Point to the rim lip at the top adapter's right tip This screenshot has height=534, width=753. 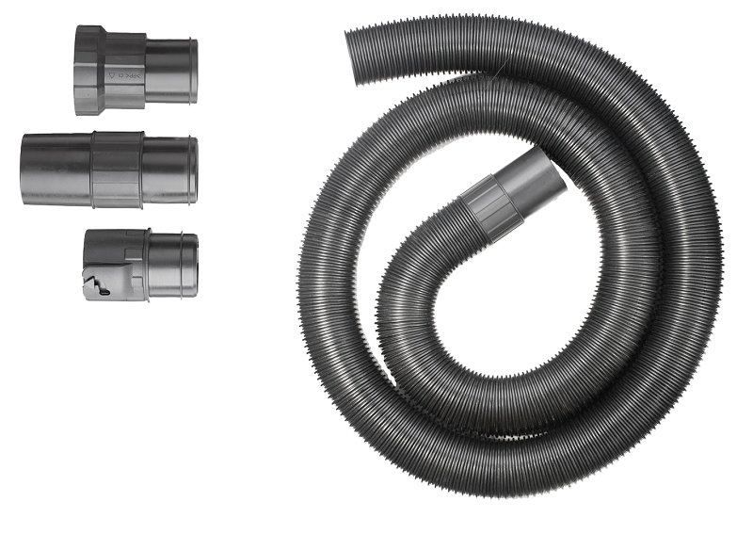(194, 71)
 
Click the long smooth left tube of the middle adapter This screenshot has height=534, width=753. (55, 170)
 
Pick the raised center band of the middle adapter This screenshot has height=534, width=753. (117, 170)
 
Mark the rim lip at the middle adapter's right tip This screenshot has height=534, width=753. (194, 170)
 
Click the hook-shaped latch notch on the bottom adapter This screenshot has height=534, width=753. (98, 283)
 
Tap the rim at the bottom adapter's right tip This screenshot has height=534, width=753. (195, 267)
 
